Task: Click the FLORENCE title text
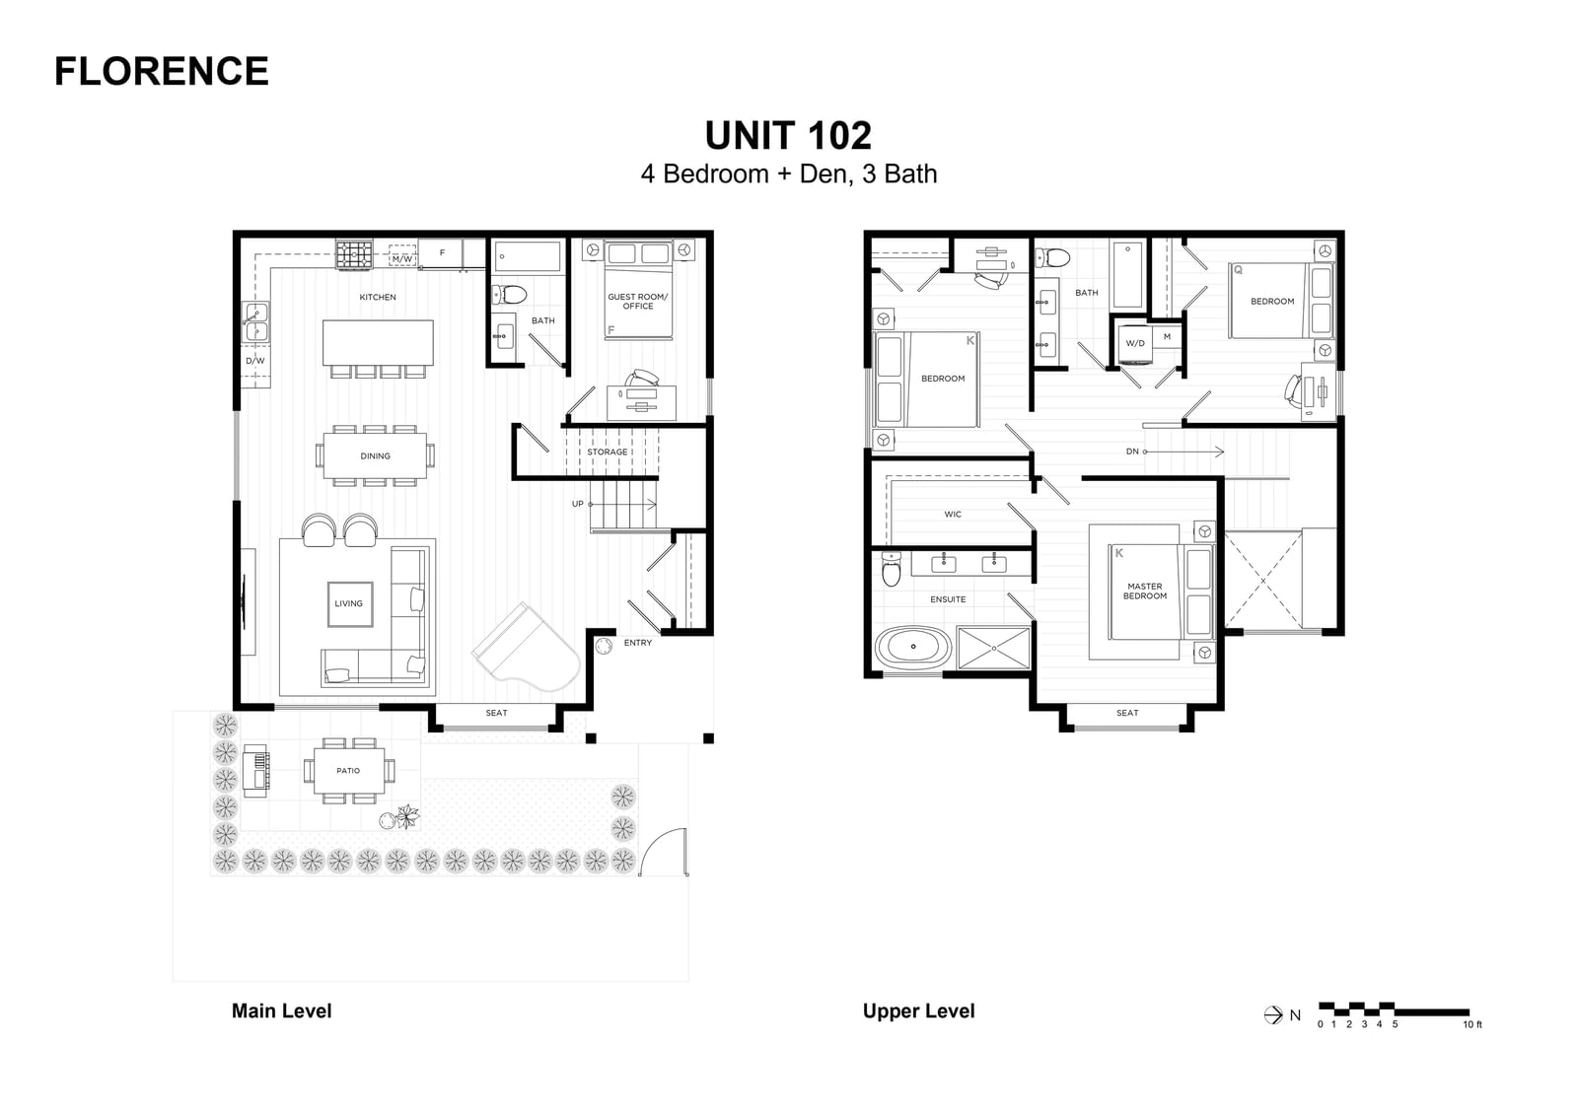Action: (162, 71)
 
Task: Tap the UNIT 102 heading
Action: (788, 135)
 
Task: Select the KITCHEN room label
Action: (378, 298)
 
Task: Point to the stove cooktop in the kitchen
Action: (354, 255)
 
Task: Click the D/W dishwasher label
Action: (255, 361)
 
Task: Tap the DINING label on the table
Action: (375, 456)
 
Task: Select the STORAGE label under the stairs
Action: (608, 453)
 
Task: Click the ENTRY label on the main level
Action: (637, 643)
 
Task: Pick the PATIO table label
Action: (348, 771)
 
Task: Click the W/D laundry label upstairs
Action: (1135, 344)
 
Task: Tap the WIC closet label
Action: (953, 515)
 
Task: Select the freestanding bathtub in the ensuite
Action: (913, 647)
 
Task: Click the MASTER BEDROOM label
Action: (1145, 591)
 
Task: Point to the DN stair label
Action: (1132, 452)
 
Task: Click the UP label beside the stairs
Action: (578, 505)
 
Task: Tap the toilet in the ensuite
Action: (892, 569)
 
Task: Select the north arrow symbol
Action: (1273, 1015)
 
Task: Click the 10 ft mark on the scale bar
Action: (1472, 1025)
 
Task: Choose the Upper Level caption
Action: (918, 1011)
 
